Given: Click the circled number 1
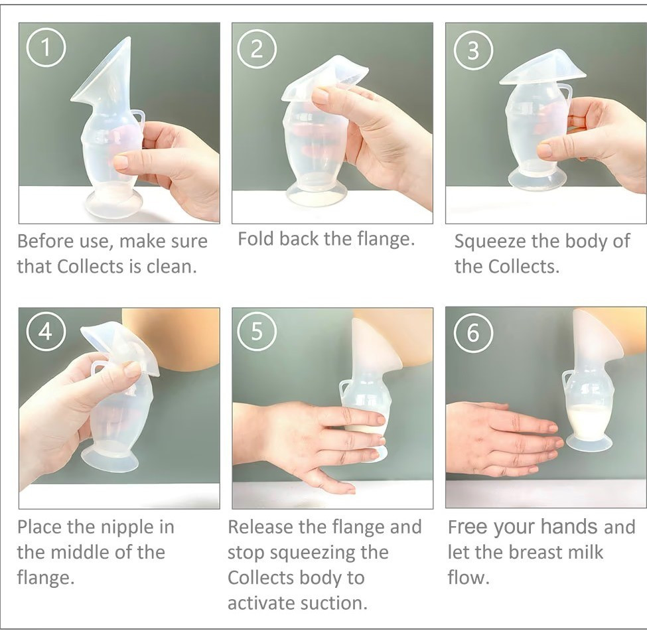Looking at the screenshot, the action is click(46, 48).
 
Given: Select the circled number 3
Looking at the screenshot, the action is click(473, 50).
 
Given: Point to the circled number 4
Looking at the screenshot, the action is click(46, 331).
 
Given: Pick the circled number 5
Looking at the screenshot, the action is click(257, 331).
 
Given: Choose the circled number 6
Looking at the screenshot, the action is click(473, 332).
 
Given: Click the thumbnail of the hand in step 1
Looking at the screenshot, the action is click(121, 161).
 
